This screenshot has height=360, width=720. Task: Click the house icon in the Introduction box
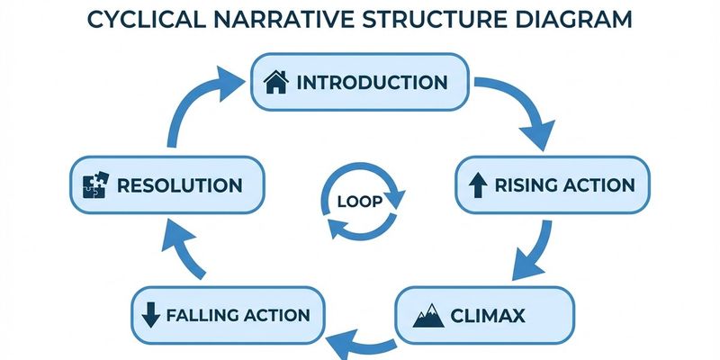click(275, 82)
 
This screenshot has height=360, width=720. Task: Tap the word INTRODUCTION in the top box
click(372, 82)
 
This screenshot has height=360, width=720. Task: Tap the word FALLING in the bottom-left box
click(200, 315)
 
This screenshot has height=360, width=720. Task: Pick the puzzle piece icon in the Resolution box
click(94, 186)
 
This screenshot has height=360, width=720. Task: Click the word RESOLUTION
click(179, 186)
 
